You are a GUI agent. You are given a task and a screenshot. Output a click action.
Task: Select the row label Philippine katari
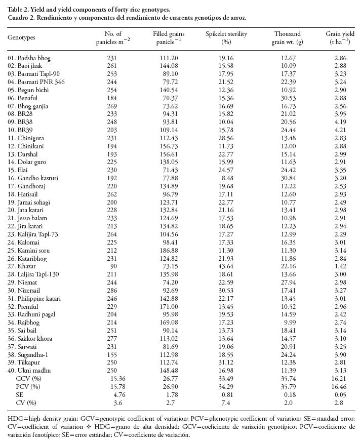tap(39, 301)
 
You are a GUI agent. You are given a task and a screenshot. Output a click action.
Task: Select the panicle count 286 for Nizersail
tap(113, 293)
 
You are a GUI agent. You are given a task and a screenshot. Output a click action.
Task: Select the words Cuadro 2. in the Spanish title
tap(21, 17)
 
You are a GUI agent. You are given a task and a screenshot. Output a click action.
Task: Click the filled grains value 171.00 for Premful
tap(170, 309)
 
